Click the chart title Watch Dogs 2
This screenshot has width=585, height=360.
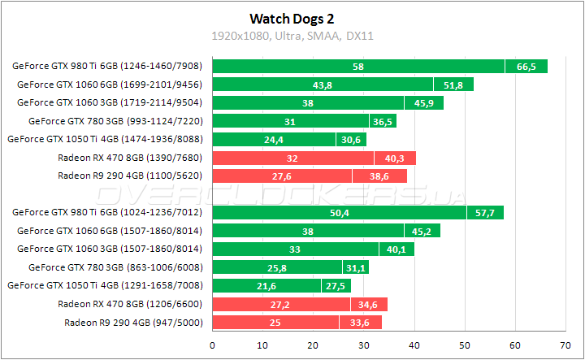[292, 18]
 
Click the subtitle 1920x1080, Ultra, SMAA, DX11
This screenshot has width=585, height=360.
[292, 36]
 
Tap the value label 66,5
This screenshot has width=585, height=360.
[526, 67]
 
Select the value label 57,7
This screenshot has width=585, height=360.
[484, 213]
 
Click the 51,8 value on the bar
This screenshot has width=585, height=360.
[453, 85]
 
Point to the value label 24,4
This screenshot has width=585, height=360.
[273, 139]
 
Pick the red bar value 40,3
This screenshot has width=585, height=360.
[395, 158]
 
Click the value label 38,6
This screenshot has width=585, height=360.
[379, 176]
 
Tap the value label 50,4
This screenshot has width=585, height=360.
[339, 213]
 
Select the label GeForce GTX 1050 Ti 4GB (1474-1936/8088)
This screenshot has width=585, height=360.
[107, 139]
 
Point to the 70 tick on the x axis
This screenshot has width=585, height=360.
[565, 345]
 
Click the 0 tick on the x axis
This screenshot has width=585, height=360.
[212, 345]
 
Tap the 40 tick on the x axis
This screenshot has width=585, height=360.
[414, 345]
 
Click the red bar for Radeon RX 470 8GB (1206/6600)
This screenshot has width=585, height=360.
[299, 304]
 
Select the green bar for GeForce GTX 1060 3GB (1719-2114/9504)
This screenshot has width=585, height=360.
[327, 103]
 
